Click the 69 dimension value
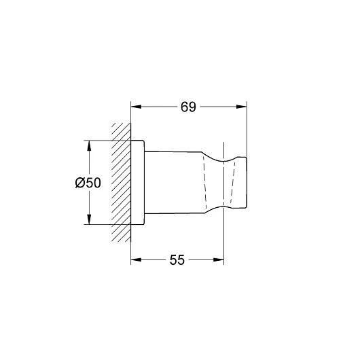(188, 107)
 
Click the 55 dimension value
(177, 260)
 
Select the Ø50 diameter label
(88, 183)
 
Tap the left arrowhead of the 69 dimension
(136, 107)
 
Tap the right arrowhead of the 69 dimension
(242, 107)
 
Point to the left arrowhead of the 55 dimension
(136, 260)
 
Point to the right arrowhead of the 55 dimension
(219, 260)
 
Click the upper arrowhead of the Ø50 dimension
(89, 145)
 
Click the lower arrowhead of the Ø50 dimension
(89, 219)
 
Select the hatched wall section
(121, 183)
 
